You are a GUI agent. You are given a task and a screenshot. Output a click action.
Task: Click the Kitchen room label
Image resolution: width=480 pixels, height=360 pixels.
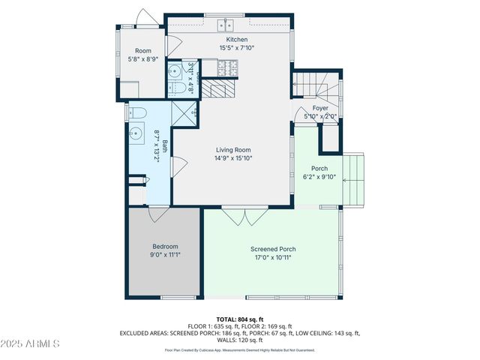[236, 40]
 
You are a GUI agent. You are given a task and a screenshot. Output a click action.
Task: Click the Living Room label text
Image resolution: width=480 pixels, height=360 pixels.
[232, 150]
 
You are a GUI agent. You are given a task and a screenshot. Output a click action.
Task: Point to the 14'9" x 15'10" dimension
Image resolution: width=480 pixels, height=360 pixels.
[232, 158]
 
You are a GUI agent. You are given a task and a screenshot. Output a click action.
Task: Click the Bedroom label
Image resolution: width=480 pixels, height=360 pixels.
[165, 246]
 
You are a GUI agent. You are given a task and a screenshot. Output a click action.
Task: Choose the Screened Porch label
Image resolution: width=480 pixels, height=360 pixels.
[273, 249]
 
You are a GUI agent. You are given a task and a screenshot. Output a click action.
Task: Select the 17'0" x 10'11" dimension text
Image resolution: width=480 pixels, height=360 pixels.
[273, 257]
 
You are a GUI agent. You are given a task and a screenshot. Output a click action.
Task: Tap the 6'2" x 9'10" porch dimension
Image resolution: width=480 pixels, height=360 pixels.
[314, 177]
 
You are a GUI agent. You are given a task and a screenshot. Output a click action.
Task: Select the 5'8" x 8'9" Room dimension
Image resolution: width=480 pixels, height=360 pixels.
[142, 58]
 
